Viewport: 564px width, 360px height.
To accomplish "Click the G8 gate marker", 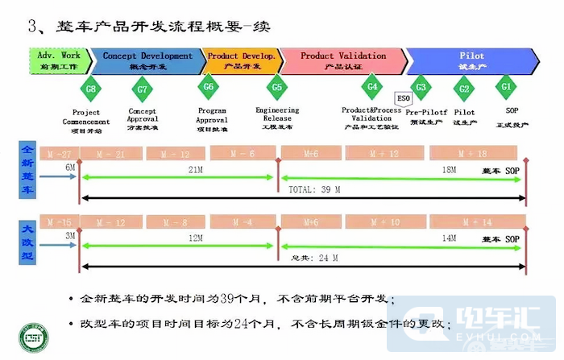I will point(91,88).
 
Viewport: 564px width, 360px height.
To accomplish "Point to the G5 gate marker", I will point(277,88).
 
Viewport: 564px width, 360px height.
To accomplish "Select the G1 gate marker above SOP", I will point(506,87).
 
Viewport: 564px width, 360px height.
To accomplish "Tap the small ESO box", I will point(404,98).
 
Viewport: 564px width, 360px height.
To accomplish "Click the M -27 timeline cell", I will point(60,153).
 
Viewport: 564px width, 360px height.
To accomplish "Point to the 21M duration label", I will point(195,170).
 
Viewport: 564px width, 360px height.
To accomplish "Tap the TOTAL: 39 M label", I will point(314,190).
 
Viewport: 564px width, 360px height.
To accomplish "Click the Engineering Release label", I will point(277,118).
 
